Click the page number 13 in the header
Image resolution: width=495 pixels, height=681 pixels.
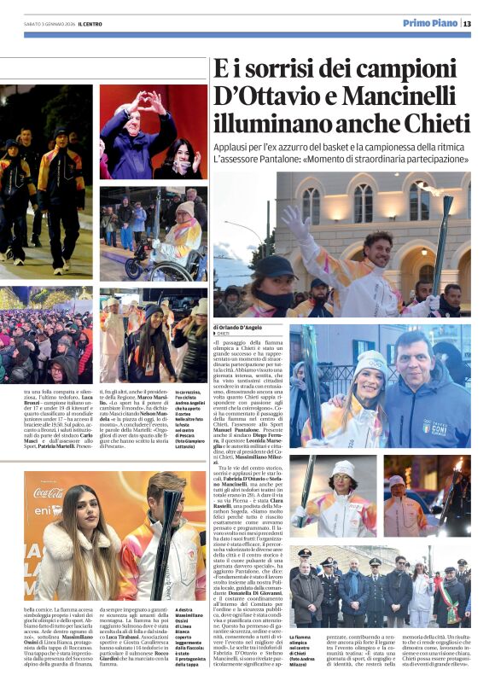(x=467, y=23)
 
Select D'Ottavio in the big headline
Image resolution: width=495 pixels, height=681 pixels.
(x=271, y=95)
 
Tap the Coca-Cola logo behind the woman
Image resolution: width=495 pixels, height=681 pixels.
(x=49, y=492)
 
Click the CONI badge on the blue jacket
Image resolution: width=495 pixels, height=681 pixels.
(x=435, y=425)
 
